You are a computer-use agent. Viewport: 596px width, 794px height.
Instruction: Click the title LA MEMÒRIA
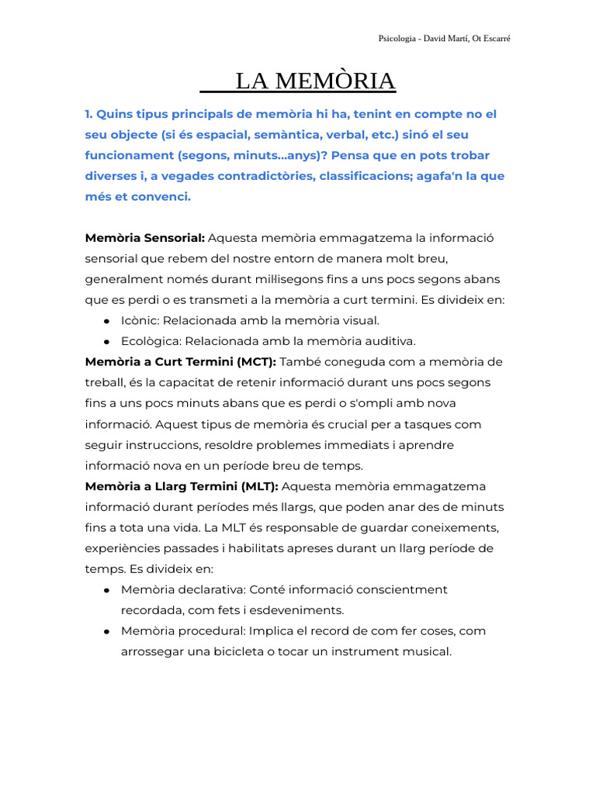coord(315,81)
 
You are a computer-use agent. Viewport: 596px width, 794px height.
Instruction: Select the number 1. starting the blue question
coord(88,114)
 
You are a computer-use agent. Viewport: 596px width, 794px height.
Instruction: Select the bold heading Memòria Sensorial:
coord(144,237)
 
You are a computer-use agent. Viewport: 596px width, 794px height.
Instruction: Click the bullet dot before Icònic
coord(106,320)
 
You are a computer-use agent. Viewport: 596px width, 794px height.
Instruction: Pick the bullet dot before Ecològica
coord(106,341)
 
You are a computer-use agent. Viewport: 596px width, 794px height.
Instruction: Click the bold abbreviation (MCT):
coord(250,362)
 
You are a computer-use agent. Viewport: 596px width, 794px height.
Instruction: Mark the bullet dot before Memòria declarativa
coord(106,590)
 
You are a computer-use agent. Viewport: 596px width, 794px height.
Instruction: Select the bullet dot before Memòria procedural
coord(106,631)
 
